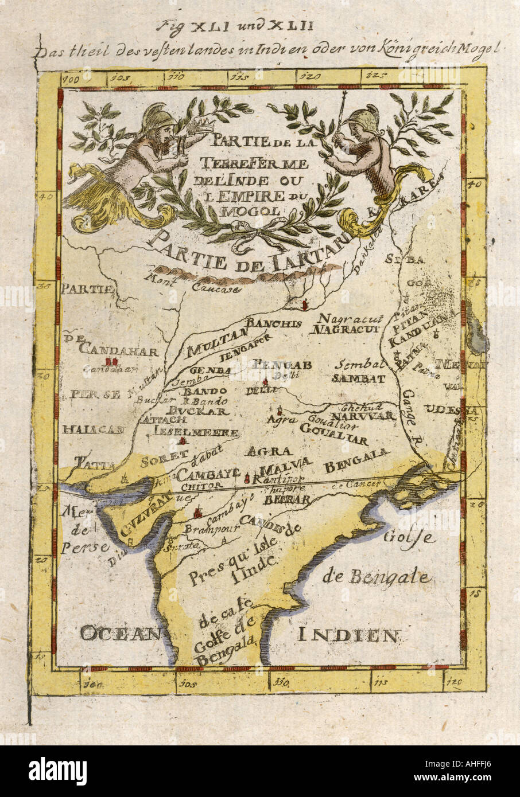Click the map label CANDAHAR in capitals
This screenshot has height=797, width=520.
pyautogui.click(x=118, y=347)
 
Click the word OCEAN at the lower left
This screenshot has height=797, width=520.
pyautogui.click(x=121, y=633)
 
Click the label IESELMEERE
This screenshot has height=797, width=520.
pyautogui.click(x=187, y=431)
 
